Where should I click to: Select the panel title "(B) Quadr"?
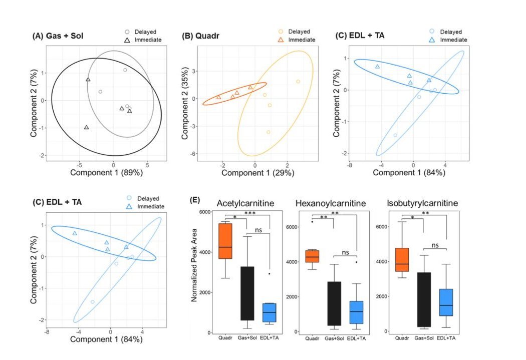(203, 37)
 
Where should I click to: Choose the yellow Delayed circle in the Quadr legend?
(281, 32)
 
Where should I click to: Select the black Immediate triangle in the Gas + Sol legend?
(128, 39)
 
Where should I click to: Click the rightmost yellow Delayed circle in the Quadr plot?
(298, 82)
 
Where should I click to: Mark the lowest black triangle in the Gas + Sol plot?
(87, 128)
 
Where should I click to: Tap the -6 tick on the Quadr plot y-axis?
(192, 154)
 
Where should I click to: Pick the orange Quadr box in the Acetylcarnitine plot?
(226, 241)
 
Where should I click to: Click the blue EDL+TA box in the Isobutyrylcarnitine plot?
(446, 302)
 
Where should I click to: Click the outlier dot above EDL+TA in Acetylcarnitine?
(270, 274)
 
